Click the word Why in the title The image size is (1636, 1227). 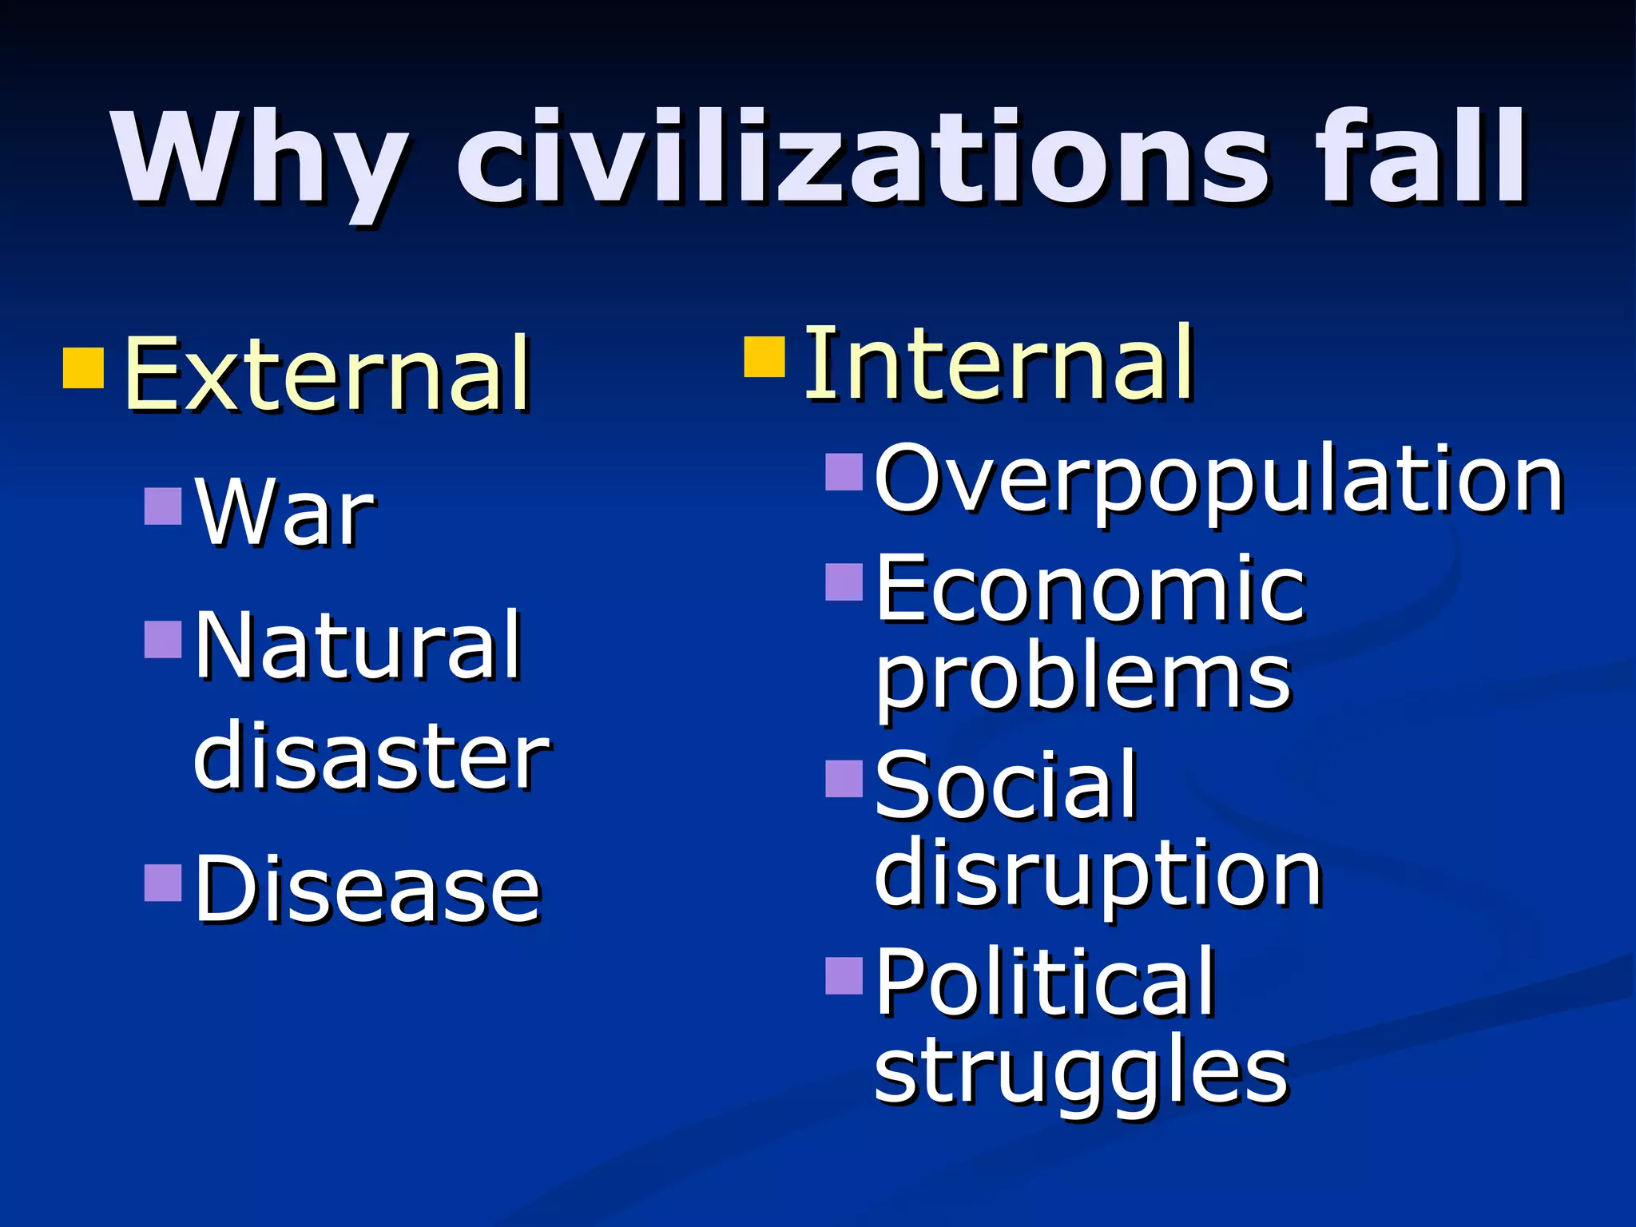pos(260,160)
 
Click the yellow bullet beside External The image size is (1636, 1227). pos(84,367)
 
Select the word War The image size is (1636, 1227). pos(284,511)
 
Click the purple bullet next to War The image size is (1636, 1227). pos(164,506)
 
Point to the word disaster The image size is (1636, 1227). pos(371,755)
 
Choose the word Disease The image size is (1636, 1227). pos(367,888)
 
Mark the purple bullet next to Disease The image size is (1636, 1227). pos(164,883)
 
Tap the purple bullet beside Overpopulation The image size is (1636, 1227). pos(844,471)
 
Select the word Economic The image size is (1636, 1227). pos(1090,590)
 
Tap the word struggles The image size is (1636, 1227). pos(1081,1070)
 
